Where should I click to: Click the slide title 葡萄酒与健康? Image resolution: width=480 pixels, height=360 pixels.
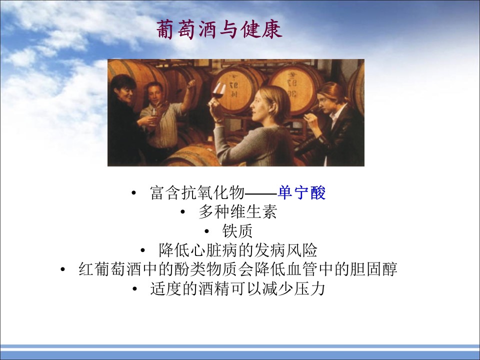[x=219, y=29]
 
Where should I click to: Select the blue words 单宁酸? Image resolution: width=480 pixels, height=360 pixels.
[x=301, y=193]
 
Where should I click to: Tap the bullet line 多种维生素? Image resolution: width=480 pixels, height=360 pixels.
[x=237, y=212]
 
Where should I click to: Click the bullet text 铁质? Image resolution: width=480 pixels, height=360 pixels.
[x=237, y=231]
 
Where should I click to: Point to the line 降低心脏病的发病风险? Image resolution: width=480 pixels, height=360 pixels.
[x=237, y=250]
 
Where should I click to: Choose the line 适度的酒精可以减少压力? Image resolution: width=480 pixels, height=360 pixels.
[x=237, y=288]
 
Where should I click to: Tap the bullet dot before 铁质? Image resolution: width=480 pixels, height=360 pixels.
[x=207, y=231]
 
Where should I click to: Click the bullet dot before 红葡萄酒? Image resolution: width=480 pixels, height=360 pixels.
[x=63, y=270]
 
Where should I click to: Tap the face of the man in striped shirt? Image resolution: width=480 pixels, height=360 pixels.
[x=155, y=94]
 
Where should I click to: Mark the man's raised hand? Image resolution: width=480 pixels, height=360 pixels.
[x=191, y=84]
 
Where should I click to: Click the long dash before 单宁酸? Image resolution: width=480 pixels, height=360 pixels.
[x=261, y=193]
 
